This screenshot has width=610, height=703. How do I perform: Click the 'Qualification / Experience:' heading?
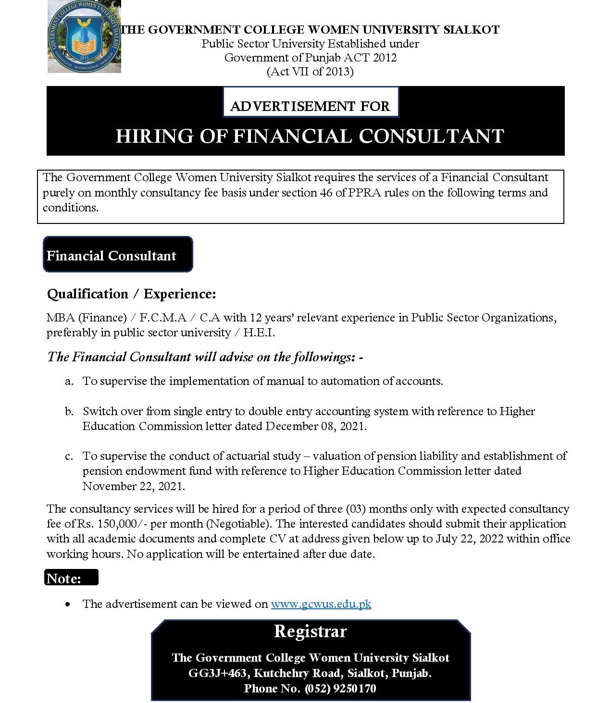click(131, 294)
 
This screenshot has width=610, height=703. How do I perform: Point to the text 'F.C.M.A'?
click(162, 318)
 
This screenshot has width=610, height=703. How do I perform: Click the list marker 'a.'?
click(69, 382)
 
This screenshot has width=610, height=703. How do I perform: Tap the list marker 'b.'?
click(69, 411)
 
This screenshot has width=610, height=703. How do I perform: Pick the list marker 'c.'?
click(69, 456)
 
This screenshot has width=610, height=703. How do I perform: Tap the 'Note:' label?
click(64, 578)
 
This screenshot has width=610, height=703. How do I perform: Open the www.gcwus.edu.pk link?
click(321, 604)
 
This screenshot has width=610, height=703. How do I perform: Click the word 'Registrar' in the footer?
click(310, 631)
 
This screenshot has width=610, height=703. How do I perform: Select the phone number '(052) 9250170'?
click(340, 689)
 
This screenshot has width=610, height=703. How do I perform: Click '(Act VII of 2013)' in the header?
click(310, 72)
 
